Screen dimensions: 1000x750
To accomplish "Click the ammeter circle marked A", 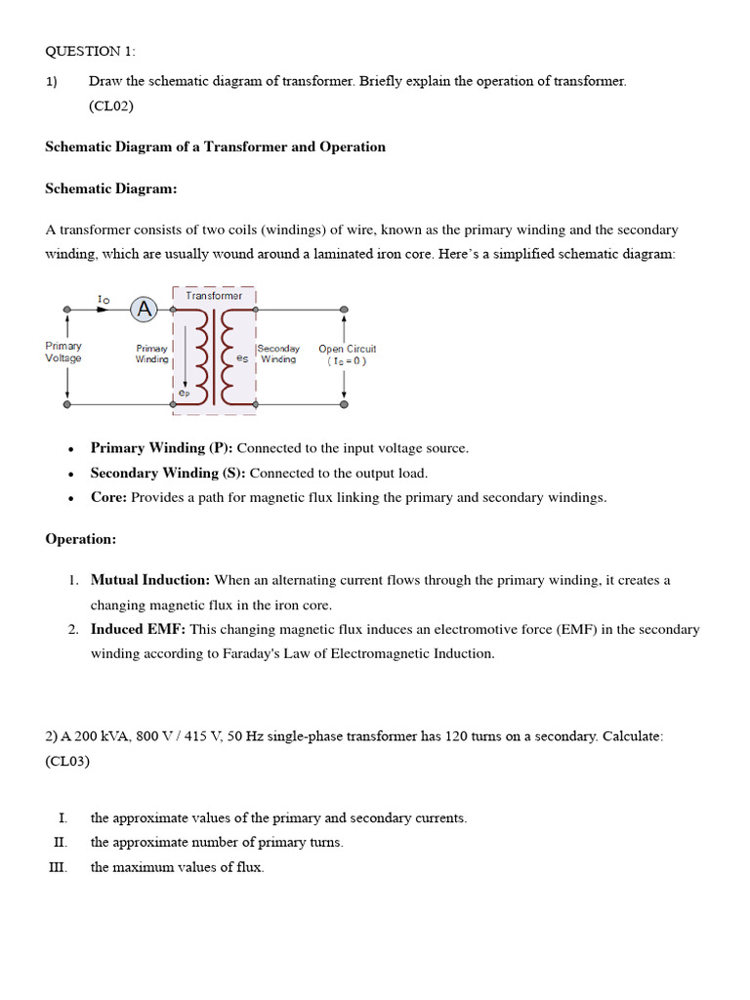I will pos(145,310).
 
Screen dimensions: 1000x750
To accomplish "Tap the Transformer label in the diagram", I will pos(214,295).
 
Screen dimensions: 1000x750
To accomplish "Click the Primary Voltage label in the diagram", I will pos(63,352).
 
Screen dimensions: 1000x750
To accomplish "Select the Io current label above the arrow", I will pos(104,298).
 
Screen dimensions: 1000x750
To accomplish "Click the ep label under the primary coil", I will pos(184,394).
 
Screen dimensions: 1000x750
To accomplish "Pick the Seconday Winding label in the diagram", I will pos(278,354).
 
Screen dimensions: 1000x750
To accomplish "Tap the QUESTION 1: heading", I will pos(92,51).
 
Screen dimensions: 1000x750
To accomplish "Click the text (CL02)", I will pos(110,105).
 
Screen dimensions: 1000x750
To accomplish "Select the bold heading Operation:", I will pos(81,539).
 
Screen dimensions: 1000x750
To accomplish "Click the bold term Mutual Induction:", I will pos(150,580).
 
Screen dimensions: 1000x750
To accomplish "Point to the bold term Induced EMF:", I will pos(138,629).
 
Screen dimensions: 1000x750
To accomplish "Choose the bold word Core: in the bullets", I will pos(108,497).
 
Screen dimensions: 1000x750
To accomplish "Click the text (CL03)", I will pos(67,761).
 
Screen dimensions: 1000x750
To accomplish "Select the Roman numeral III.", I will pos(58,867).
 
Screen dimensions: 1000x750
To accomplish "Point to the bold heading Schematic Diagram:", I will pos(110,188).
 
